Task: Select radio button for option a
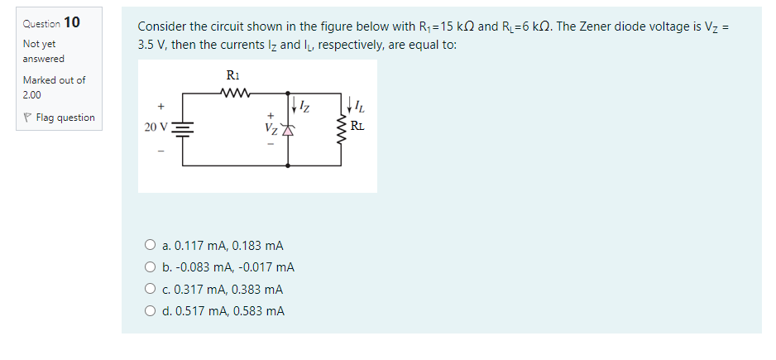(150, 246)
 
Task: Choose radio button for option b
(150, 267)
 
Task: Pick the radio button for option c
(150, 290)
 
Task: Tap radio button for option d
(150, 311)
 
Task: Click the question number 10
(71, 22)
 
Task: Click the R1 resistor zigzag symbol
(232, 93)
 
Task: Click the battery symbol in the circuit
(183, 128)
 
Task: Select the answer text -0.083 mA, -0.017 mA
(228, 267)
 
